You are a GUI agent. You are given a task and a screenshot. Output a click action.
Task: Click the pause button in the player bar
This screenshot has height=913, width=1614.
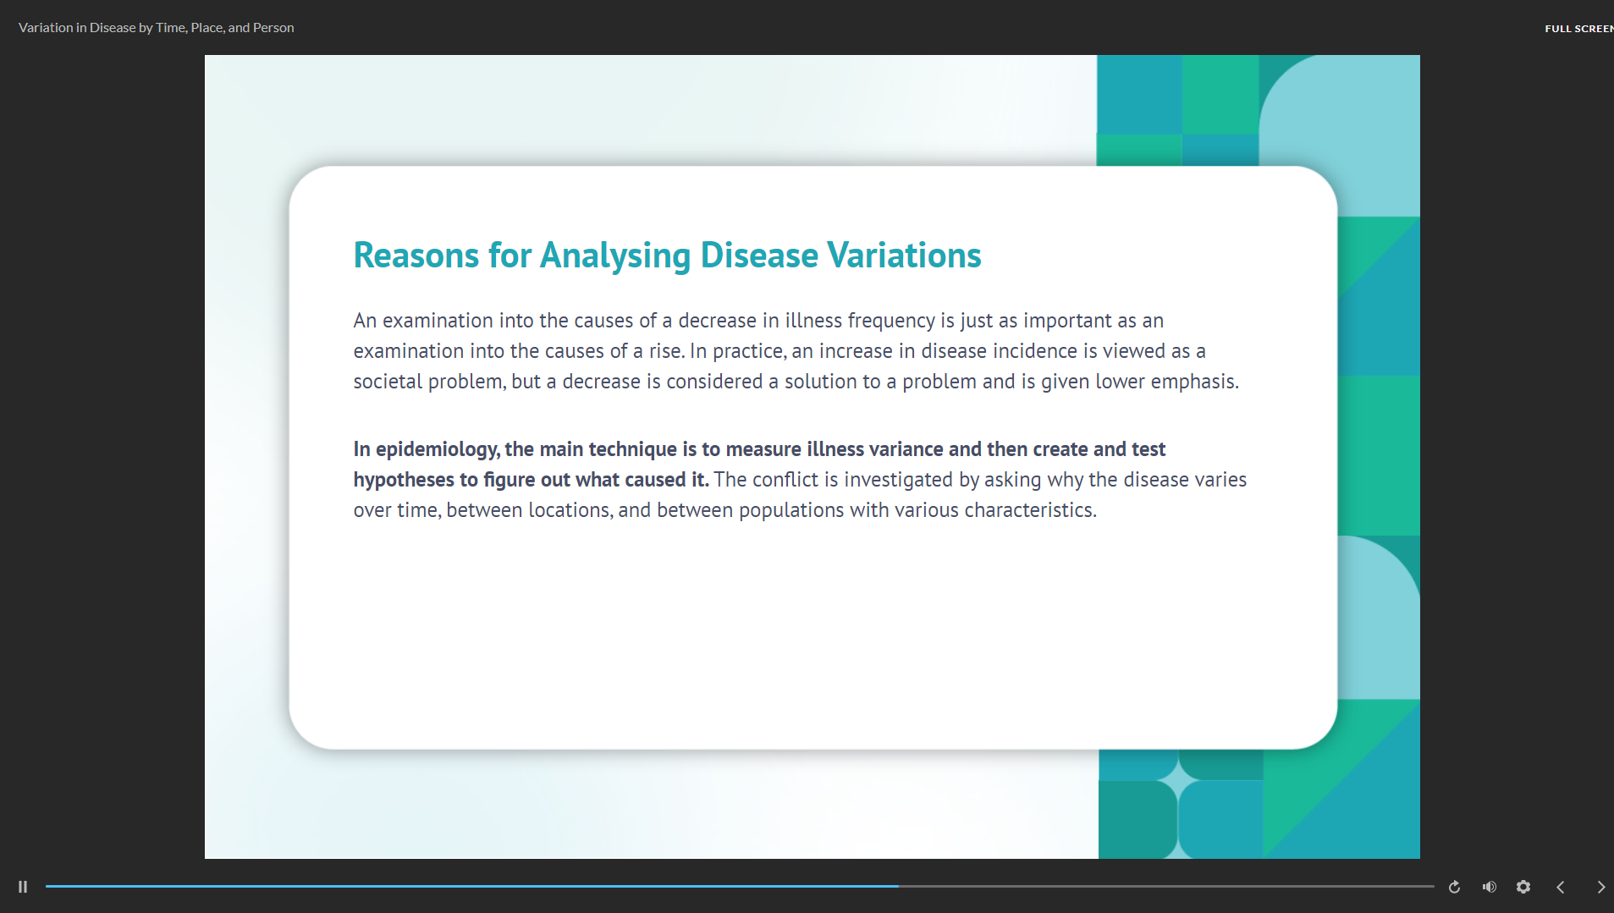tap(23, 887)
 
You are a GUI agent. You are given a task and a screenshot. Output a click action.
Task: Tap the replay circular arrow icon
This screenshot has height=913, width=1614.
tap(1454, 887)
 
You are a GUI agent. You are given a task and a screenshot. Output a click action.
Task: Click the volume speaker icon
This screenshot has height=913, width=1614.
tap(1490, 887)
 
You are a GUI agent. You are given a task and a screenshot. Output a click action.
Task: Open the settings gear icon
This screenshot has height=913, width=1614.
tap(1523, 887)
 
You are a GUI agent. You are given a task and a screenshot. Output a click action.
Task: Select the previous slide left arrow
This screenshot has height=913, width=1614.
tap(1561, 887)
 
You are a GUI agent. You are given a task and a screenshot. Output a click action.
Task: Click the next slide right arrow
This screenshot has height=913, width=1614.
tap(1600, 887)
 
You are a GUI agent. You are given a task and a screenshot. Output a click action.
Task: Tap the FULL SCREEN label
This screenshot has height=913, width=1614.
tap(1578, 29)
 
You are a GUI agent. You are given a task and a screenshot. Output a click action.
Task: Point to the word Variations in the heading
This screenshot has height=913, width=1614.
tap(904, 256)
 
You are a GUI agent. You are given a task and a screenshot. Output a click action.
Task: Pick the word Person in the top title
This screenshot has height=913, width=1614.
tap(273, 28)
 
